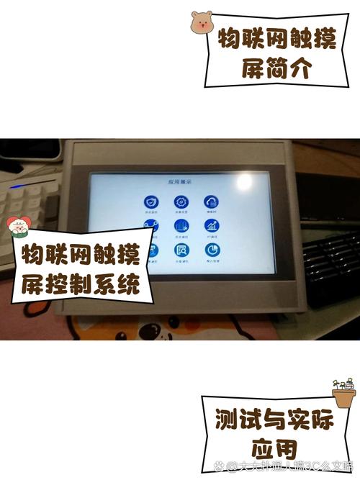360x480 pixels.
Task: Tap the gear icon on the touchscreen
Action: (182, 202)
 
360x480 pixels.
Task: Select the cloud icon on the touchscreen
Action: (212, 202)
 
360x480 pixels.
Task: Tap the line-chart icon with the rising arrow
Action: (212, 227)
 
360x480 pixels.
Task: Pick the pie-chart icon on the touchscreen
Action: (212, 251)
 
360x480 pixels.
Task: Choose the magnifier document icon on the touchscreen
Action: (182, 251)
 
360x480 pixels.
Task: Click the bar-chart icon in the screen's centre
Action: (182, 227)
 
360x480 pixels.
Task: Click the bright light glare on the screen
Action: (248, 179)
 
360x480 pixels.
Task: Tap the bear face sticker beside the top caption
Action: (202, 22)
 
